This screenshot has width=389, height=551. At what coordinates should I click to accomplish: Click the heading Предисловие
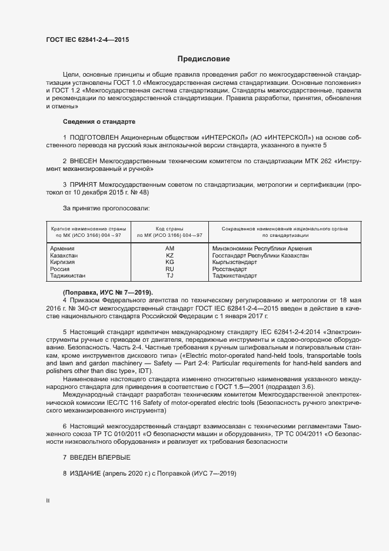click(204, 59)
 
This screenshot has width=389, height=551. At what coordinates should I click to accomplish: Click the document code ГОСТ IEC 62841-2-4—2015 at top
click(87, 40)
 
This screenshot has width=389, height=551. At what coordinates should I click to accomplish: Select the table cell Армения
click(62, 249)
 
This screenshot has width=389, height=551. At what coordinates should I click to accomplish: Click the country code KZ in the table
click(170, 256)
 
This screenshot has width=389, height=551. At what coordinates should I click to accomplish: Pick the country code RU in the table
click(170, 269)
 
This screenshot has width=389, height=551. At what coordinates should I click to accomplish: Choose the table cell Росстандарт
click(231, 269)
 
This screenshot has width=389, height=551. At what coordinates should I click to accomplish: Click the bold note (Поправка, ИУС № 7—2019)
click(108, 292)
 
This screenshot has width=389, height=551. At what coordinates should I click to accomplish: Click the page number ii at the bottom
click(48, 500)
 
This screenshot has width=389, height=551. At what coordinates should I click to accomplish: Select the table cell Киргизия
click(63, 262)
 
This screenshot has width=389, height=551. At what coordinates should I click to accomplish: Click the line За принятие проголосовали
click(106, 208)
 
